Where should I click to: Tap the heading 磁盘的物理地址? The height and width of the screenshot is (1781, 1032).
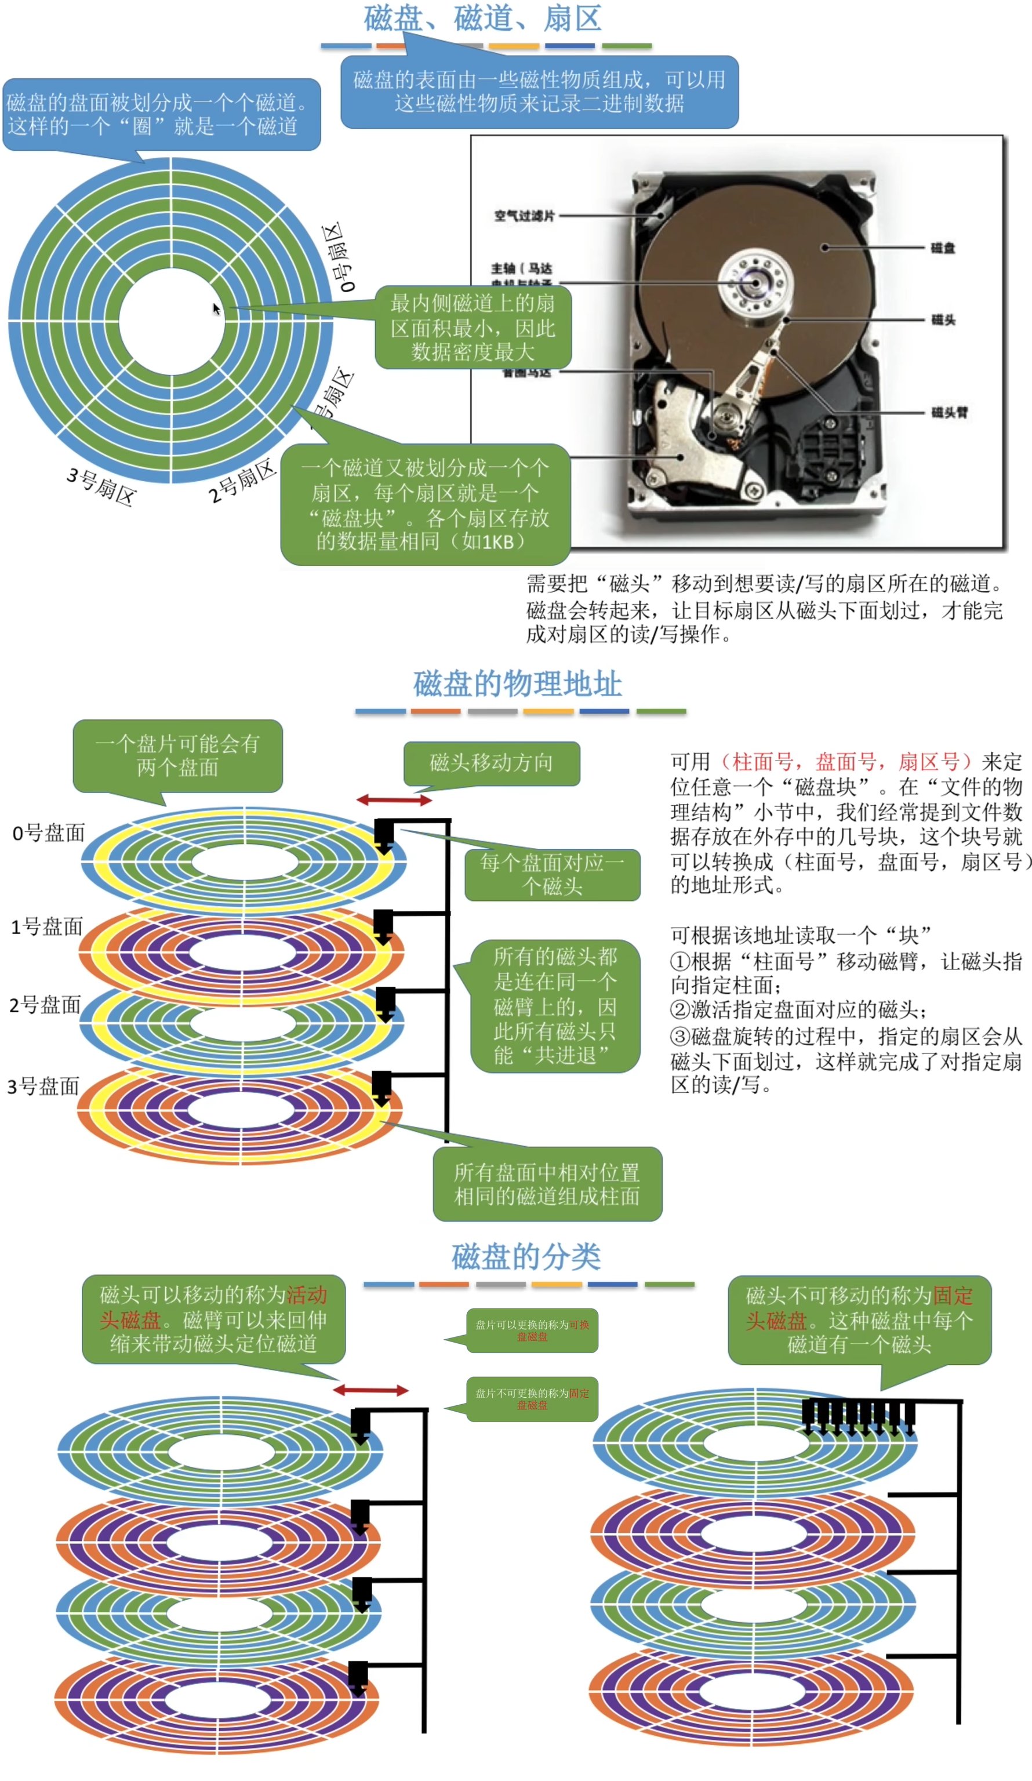[517, 684]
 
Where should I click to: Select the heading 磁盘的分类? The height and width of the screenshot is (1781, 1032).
[526, 1256]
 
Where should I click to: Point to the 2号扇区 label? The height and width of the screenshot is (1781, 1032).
[241, 480]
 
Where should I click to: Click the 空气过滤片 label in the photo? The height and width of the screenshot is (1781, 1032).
[524, 216]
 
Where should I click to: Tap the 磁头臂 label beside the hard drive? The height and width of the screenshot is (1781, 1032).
[949, 412]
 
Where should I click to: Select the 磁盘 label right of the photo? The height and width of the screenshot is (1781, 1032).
[942, 248]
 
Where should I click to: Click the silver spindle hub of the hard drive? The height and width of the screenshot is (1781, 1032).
[754, 283]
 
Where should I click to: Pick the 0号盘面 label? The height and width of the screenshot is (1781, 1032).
[48, 833]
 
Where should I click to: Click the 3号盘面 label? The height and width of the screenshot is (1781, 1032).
[43, 1085]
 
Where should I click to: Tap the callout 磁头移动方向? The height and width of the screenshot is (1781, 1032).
[491, 762]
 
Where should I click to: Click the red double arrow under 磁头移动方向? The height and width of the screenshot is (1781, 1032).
[394, 800]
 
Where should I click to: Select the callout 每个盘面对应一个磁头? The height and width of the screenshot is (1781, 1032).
[552, 874]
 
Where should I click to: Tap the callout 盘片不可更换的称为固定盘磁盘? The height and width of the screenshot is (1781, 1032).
[532, 1398]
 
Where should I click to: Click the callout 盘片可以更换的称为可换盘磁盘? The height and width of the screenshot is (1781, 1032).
[532, 1330]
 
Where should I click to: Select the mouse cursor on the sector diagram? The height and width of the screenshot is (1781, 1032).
[216, 308]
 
